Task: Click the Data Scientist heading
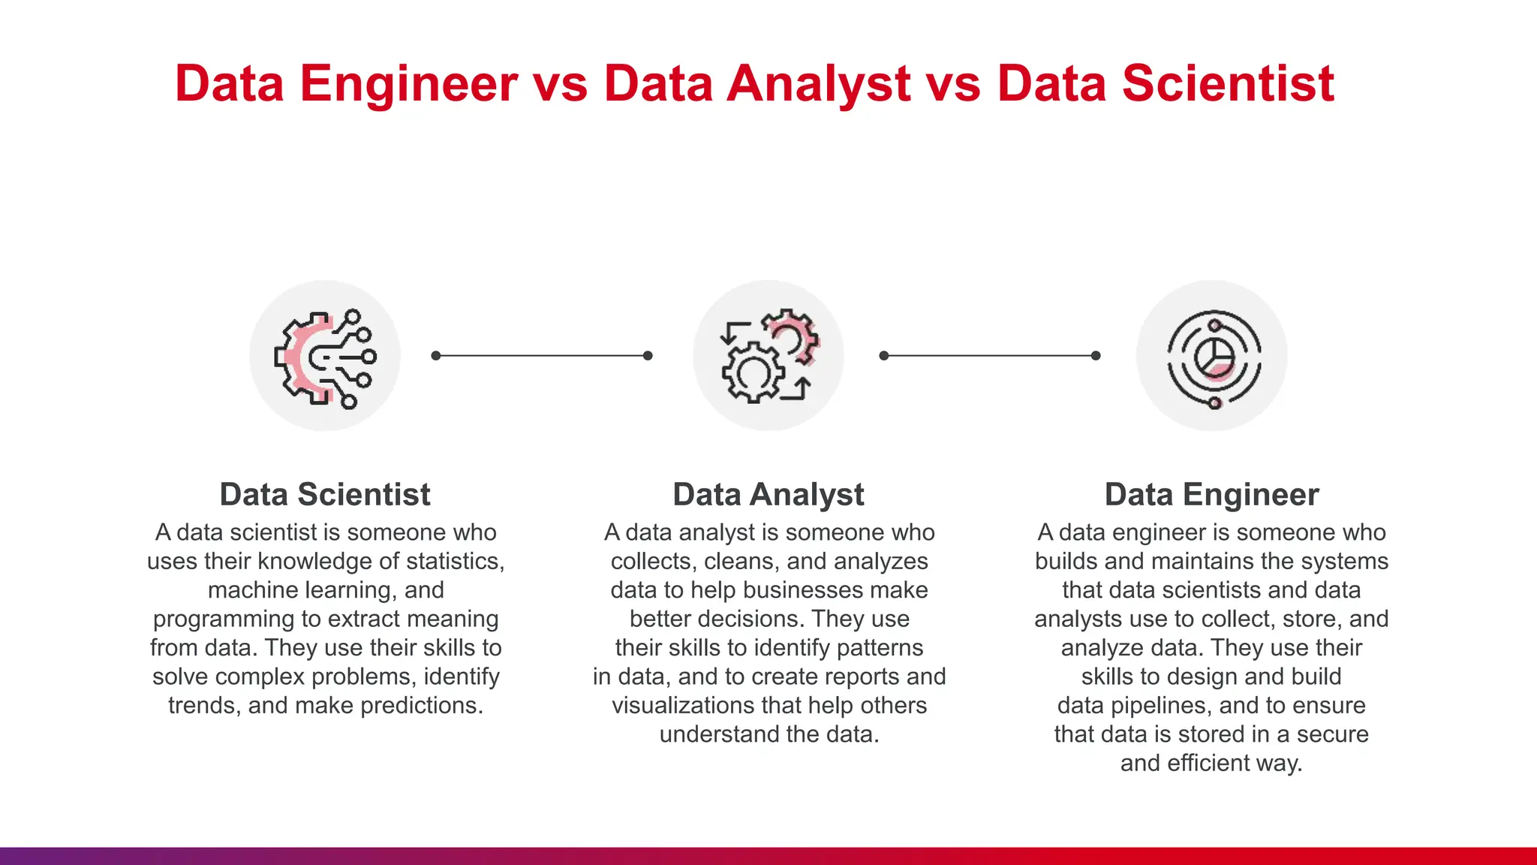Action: tap(325, 495)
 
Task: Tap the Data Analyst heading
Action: tap(768, 495)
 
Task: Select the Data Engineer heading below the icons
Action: tap(1211, 495)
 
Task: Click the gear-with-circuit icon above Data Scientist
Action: tap(325, 356)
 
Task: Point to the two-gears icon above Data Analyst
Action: tap(768, 356)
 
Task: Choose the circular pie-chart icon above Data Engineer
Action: tap(1212, 356)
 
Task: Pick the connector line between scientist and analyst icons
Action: tap(542, 356)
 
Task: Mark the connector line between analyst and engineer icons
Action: tap(990, 356)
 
